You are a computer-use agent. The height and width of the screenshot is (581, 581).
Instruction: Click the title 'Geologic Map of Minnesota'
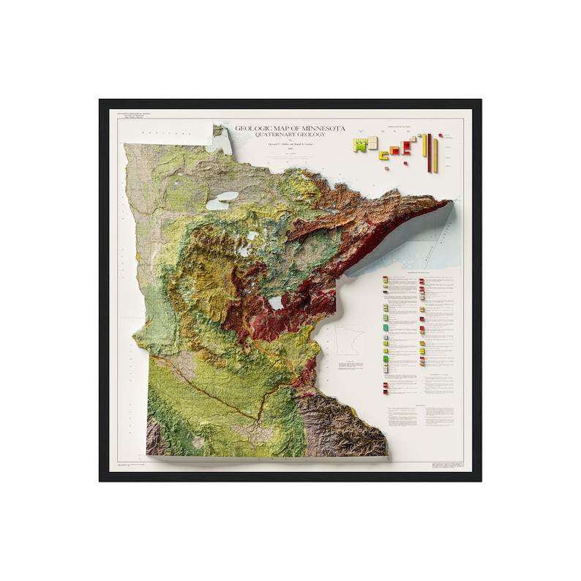[x=290, y=129]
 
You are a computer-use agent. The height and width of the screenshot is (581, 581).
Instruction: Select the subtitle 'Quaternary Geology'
[x=290, y=135]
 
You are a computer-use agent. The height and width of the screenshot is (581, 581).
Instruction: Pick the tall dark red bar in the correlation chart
[x=430, y=152]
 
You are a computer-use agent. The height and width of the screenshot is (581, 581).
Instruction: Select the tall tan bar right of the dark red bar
[x=435, y=155]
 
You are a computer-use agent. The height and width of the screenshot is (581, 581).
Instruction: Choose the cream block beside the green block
[x=373, y=142]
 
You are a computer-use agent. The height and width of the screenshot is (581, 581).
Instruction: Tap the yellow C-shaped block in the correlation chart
[x=383, y=155]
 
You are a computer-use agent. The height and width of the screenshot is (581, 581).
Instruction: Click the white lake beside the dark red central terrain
[x=276, y=301]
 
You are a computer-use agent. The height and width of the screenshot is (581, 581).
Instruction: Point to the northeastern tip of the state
[x=448, y=202]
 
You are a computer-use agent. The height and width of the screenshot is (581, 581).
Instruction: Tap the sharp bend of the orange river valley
[x=258, y=418]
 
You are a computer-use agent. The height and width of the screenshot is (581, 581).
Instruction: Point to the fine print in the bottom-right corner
[x=446, y=465]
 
